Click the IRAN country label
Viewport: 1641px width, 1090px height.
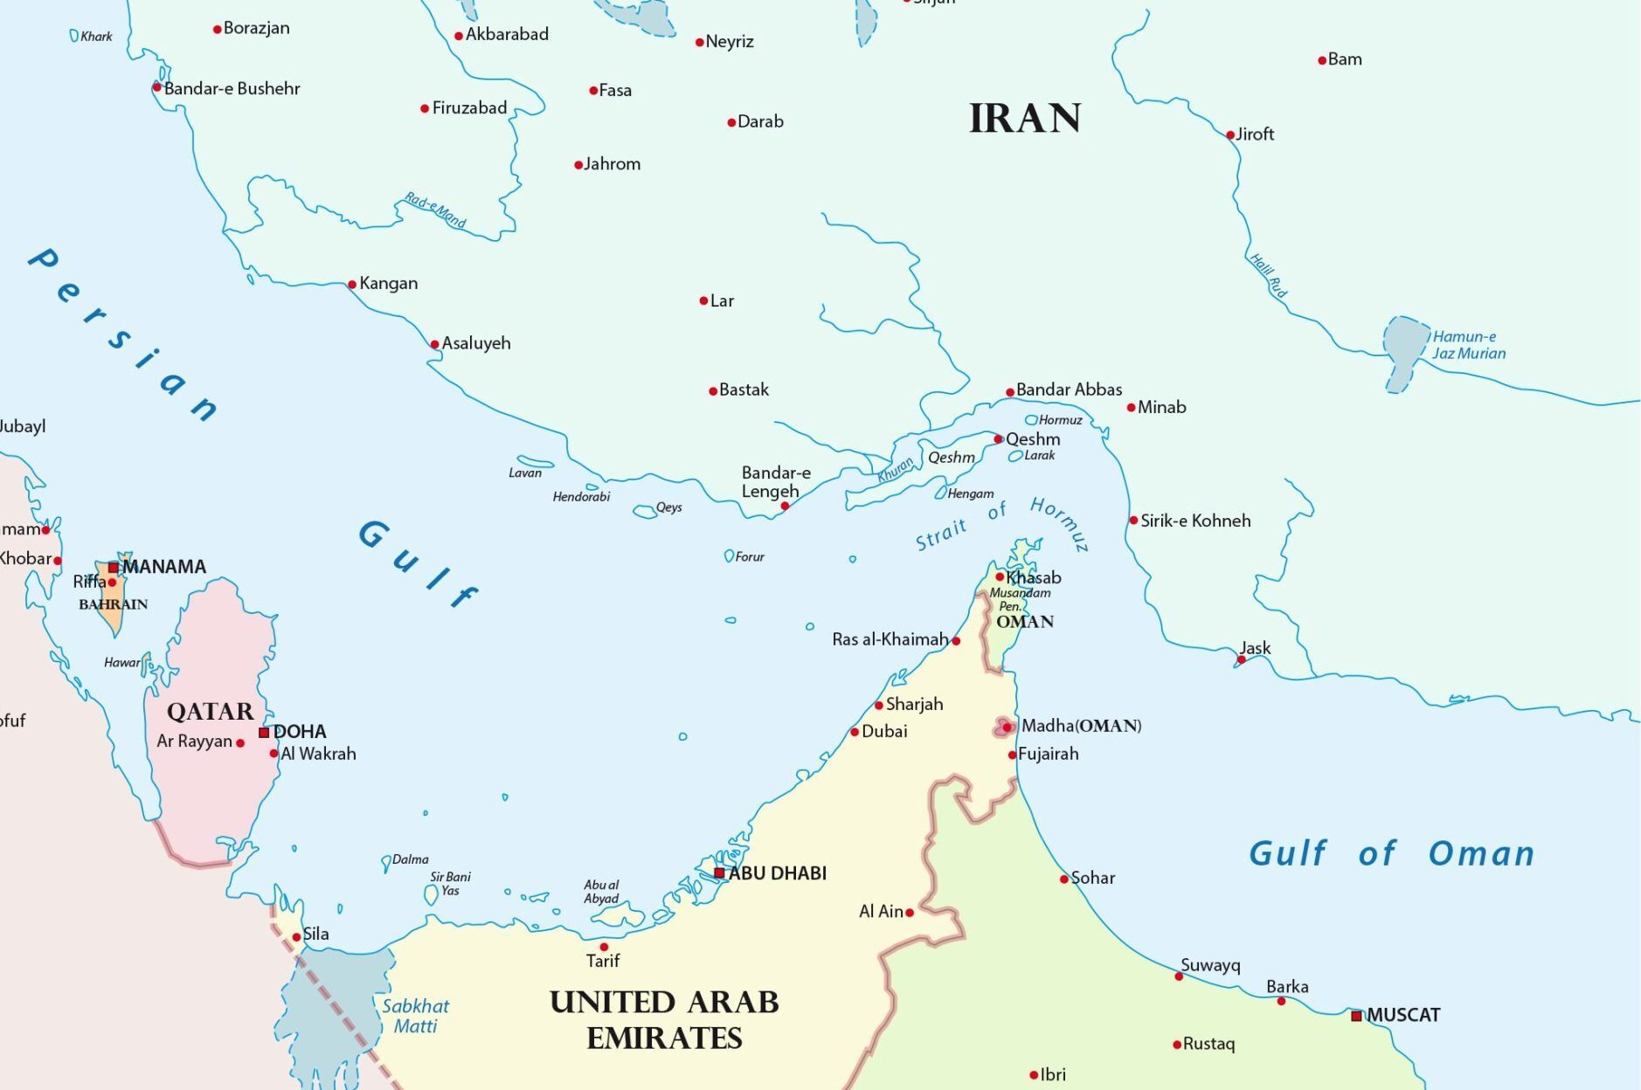[x=1025, y=119]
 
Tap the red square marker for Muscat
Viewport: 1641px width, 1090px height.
[x=1356, y=1016]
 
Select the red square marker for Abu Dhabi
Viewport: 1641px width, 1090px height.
[x=719, y=873]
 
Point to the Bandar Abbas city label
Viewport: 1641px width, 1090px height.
[x=1069, y=390]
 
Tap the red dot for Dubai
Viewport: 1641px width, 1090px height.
[x=855, y=732]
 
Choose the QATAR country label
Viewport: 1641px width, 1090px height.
[x=210, y=712]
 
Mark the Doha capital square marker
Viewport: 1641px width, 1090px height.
[x=264, y=732]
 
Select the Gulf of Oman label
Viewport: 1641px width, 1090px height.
[x=1391, y=853]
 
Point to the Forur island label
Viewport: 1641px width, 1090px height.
[x=750, y=556]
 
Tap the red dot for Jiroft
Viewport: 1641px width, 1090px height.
[x=1229, y=135]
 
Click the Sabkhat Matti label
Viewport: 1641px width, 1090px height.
[x=416, y=1016]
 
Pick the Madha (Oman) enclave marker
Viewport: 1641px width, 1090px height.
[x=1006, y=727]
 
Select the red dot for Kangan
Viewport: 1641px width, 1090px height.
[x=352, y=285]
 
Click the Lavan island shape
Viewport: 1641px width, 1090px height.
[x=534, y=462]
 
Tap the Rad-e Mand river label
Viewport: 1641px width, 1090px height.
[x=435, y=210]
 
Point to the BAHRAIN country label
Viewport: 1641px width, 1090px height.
[x=113, y=604]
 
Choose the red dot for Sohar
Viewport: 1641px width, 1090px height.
[x=1064, y=880]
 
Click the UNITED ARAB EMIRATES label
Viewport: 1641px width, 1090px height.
[x=664, y=1020]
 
